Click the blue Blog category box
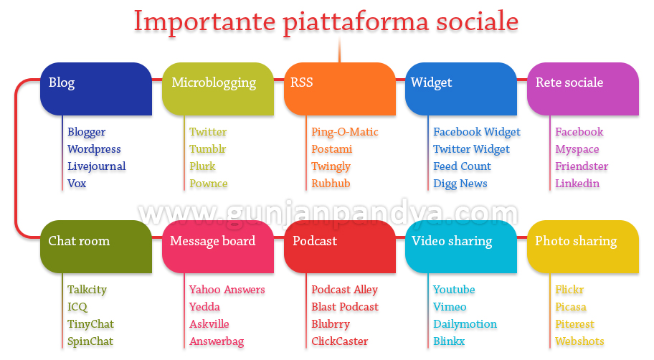96,89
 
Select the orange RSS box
339,89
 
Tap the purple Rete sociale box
583,89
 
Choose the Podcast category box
339,247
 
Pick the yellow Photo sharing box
583,247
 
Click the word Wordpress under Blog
94,149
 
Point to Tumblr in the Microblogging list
208,149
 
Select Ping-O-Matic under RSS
345,132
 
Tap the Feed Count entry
462,166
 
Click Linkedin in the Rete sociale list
577,183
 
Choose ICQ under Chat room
77,307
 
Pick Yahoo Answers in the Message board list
227,290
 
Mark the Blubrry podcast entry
331,325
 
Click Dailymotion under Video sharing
465,324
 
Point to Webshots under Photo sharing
579,341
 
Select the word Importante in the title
205,22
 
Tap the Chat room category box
96,247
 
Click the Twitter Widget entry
471,149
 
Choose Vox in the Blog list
77,183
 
